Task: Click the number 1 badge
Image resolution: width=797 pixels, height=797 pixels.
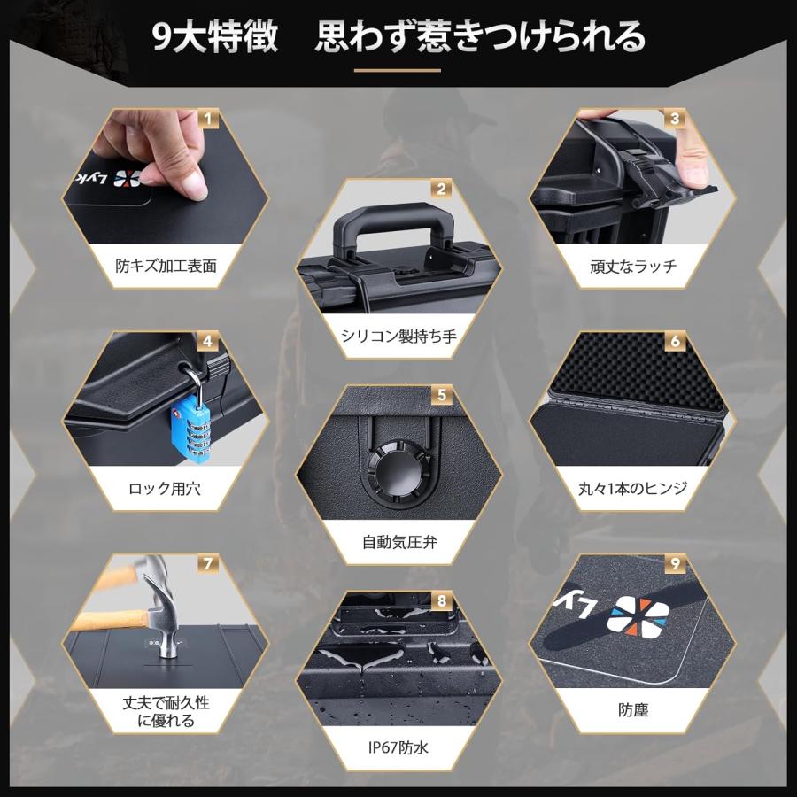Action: click(207, 117)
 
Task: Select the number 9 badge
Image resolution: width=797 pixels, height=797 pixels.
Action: click(676, 562)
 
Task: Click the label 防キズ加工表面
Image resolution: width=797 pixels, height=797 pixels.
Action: click(166, 265)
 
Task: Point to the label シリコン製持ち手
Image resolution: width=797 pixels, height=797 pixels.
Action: click(398, 336)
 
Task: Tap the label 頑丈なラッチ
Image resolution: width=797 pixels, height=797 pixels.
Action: click(632, 265)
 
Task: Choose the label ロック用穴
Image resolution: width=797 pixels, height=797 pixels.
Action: click(165, 488)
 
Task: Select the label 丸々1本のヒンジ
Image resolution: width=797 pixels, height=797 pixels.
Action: click(631, 488)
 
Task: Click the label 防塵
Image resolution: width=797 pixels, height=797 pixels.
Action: click(632, 709)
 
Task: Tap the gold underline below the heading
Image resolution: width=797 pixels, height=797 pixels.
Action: click(398, 70)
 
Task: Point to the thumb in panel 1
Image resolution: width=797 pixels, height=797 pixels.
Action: click(187, 182)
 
